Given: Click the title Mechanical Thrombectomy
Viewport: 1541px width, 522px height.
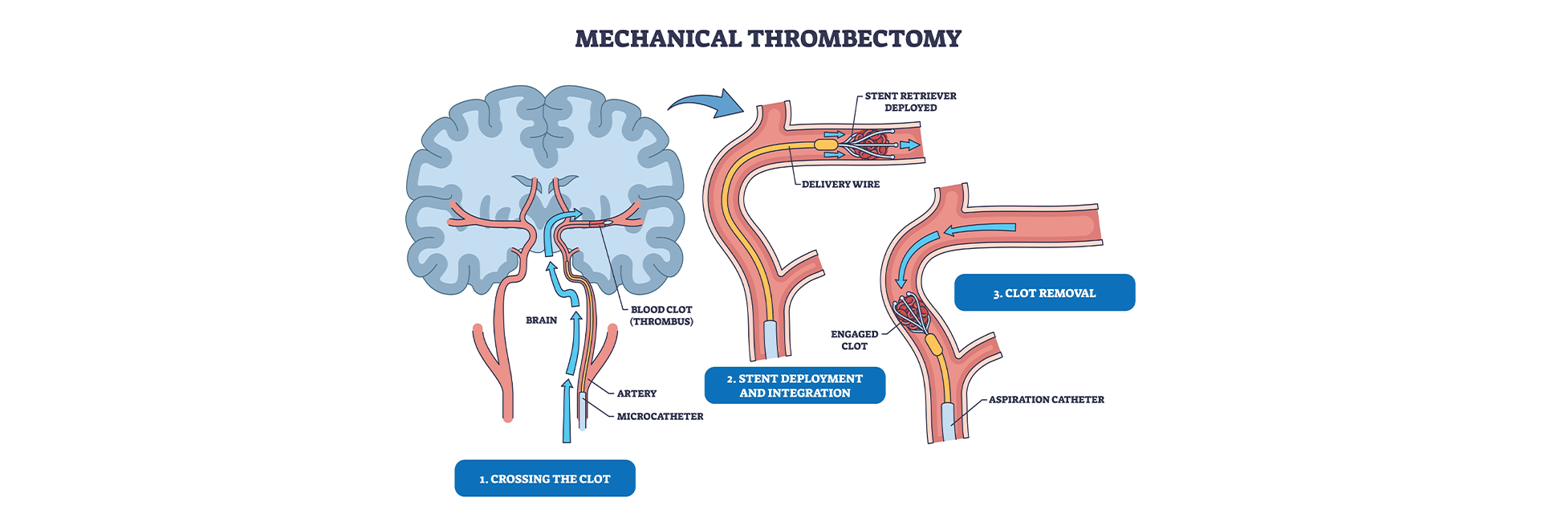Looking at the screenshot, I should click(x=768, y=39).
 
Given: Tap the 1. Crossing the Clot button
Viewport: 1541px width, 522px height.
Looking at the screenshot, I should click(x=544, y=479).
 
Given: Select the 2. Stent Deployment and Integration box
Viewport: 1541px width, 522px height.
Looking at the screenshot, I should click(x=795, y=385).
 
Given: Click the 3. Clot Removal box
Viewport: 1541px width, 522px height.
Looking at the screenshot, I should click(x=1044, y=293).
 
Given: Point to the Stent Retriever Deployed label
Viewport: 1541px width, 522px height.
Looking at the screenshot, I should click(x=910, y=101).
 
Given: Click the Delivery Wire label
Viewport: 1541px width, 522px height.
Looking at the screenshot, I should click(x=840, y=184).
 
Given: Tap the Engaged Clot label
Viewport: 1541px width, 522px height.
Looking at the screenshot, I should click(x=854, y=340).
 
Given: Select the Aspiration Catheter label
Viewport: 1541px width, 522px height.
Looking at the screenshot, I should click(x=1046, y=399).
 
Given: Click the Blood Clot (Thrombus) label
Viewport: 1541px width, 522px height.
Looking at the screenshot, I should click(x=661, y=315).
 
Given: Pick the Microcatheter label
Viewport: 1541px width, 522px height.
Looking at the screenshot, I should click(x=660, y=416).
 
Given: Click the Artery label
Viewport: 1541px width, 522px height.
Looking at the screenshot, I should click(x=636, y=394).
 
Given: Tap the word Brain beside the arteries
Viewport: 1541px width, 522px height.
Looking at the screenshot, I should click(x=541, y=320).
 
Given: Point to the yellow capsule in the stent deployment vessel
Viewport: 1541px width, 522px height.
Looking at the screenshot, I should click(x=826, y=145).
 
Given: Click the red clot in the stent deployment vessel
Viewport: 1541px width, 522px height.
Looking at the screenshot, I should click(x=870, y=145).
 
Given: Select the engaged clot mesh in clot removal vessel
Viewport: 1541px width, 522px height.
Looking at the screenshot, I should click(x=913, y=314).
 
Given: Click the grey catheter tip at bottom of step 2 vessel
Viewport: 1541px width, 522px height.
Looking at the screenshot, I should click(x=770, y=338).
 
